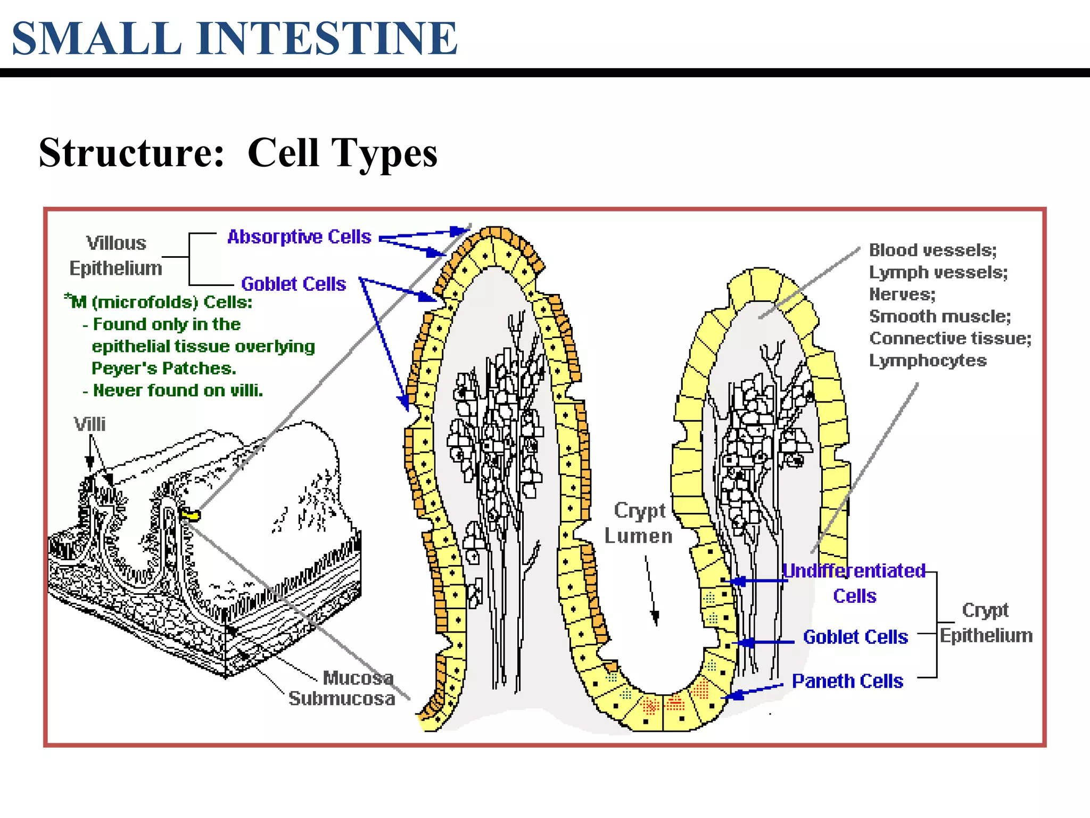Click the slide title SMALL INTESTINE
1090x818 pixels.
pos(234,38)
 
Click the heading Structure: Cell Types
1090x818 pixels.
pos(238,153)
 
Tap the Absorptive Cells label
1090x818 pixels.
pos(299,236)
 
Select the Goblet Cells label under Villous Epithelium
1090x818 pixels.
pos(293,284)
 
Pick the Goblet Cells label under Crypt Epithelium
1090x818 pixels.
pos(855,637)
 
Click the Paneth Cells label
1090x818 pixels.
pos(847,681)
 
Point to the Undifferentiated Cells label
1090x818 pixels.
pos(854,583)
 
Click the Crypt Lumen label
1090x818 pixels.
pos(639,523)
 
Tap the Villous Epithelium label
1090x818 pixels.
pos(116,256)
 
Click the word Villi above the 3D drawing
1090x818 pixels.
pos(89,424)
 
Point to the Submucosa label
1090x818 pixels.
pos(342,699)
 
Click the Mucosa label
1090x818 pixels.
pos(358,678)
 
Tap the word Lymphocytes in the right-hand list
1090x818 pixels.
pos(928,361)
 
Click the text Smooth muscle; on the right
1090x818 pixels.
pos(940,316)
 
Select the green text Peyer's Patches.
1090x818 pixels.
pos(164,369)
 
